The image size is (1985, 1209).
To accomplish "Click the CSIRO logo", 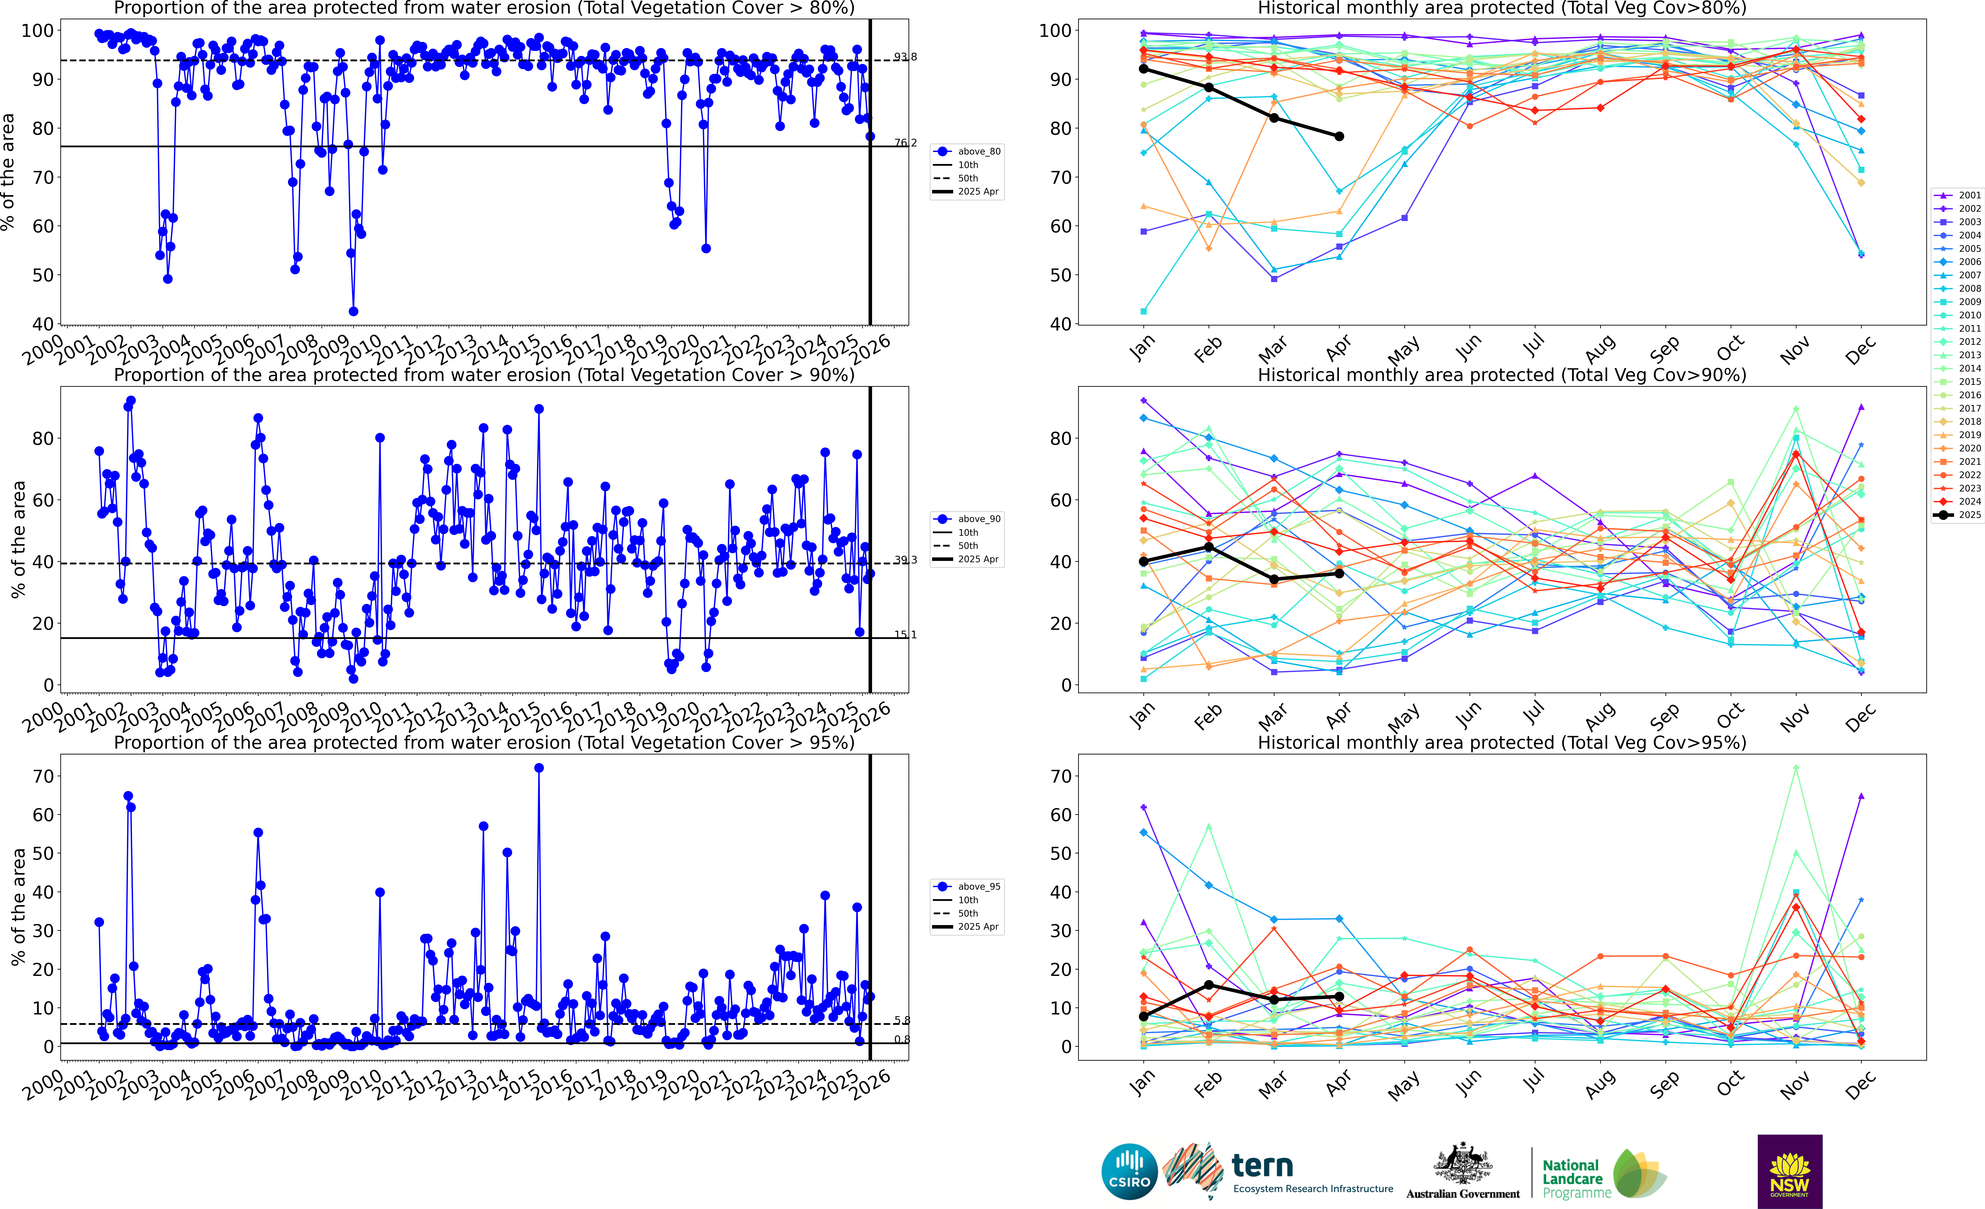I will click(x=1129, y=1171).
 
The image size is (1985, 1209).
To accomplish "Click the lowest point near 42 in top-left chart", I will click(x=353, y=311).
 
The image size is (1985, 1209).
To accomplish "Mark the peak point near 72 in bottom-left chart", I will click(x=539, y=768).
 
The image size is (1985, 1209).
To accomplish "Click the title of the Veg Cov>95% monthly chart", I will click(x=1502, y=742).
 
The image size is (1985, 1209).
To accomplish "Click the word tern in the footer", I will click(x=1262, y=1166).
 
